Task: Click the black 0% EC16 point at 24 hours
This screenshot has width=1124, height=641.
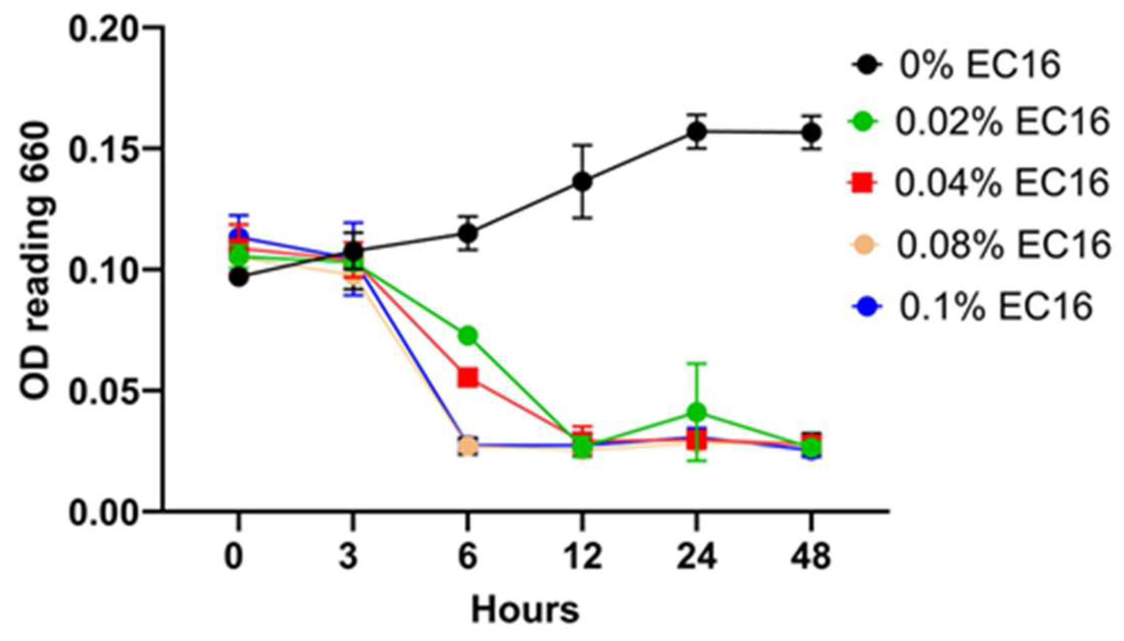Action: pyautogui.click(x=697, y=131)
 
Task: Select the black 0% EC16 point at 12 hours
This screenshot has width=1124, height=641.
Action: pyautogui.click(x=582, y=182)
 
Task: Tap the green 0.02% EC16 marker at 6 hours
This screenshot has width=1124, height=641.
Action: pyautogui.click(x=467, y=336)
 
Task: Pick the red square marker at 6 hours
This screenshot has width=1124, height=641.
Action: pyautogui.click(x=467, y=378)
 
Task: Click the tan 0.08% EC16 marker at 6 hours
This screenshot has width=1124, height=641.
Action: pyautogui.click(x=467, y=446)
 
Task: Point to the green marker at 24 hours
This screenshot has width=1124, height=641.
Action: pyautogui.click(x=697, y=412)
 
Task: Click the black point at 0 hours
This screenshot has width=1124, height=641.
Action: pyautogui.click(x=239, y=277)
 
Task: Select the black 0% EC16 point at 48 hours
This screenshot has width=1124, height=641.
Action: pyautogui.click(x=811, y=132)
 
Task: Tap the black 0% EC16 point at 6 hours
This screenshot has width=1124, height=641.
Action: pyautogui.click(x=467, y=233)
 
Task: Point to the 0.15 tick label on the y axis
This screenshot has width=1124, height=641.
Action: pyautogui.click(x=102, y=149)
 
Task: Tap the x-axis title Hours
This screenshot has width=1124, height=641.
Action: pyautogui.click(x=525, y=610)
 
